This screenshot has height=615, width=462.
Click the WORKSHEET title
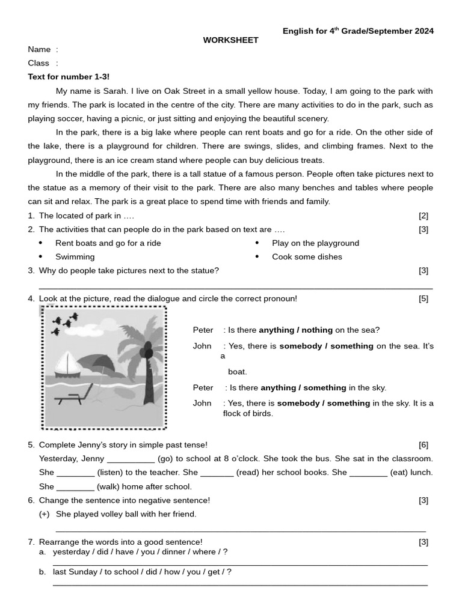tap(230, 40)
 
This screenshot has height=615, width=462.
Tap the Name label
tap(39, 49)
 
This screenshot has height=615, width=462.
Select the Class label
tap(38, 63)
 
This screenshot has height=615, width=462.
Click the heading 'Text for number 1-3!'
tap(69, 77)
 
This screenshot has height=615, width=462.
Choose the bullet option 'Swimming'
tap(75, 257)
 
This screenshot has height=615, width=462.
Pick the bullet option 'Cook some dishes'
tap(307, 257)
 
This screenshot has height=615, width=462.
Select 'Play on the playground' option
tap(315, 243)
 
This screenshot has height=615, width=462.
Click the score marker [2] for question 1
tap(423, 216)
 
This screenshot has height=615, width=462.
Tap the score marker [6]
tap(423, 445)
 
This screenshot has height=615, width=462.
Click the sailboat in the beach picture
tap(67, 364)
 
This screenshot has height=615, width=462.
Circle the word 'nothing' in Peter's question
tap(317, 330)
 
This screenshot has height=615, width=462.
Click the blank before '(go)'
tap(131, 459)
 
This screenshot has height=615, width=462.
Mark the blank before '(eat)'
tap(368, 473)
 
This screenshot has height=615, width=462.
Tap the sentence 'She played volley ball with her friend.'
tap(126, 514)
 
